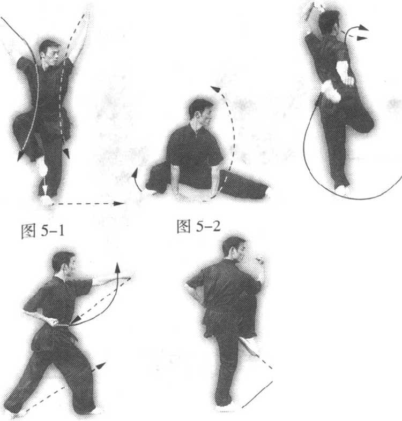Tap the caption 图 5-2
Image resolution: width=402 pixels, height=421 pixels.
(198, 226)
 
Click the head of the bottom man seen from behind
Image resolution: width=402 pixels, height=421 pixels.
(234, 248)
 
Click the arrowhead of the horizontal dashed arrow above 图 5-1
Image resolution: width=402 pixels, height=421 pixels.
(118, 203)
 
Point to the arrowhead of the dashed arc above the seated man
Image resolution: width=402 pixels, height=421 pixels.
(216, 89)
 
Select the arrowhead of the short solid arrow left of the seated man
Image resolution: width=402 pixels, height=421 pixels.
(135, 173)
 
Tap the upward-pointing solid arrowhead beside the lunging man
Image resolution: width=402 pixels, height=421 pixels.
(117, 267)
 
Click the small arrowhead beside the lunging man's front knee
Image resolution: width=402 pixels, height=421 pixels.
(101, 366)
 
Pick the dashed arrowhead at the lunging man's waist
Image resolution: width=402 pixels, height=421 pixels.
(76, 319)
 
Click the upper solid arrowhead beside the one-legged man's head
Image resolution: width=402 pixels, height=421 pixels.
(363, 27)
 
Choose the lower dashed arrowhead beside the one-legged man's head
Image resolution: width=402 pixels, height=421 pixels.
(362, 39)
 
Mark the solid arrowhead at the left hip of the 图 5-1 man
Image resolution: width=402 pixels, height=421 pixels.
(20, 156)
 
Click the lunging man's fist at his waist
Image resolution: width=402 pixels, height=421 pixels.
(53, 321)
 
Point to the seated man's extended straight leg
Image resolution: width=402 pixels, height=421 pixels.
(242, 185)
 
